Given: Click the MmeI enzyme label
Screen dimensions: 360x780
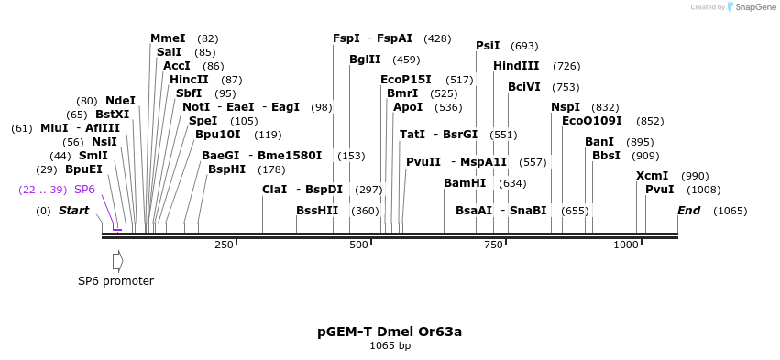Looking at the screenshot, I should coord(168,38).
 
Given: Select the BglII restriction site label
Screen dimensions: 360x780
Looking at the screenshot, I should coord(365,60).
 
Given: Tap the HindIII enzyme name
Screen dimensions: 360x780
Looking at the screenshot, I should coord(516,66).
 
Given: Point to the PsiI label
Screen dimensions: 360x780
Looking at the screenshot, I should coord(488,46).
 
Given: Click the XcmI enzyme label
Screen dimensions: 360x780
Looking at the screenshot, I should coord(652,176).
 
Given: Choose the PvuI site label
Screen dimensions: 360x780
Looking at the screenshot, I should coord(659,190).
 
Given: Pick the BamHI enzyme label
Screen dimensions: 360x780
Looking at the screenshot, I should coord(465,183).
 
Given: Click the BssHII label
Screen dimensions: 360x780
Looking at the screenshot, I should coord(317,211).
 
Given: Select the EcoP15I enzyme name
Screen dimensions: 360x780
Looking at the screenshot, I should coord(405,80).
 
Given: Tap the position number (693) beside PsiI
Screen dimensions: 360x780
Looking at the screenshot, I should coord(524,46).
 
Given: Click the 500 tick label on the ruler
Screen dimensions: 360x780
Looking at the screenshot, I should coord(358,245).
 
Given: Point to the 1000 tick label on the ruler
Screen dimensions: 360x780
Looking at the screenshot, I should coord(626,245).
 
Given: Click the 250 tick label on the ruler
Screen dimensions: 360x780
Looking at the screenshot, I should coord(224,245).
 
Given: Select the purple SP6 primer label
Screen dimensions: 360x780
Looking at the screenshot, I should coord(84,190).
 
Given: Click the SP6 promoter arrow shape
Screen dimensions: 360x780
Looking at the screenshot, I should coord(117,261).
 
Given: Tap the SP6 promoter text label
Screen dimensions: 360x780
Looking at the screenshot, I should coord(115,281).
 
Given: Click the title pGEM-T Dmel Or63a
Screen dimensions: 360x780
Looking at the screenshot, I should coord(390,332).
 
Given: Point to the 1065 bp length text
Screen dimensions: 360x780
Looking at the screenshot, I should coord(390,346).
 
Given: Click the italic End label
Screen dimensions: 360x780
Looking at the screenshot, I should coord(688,211).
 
